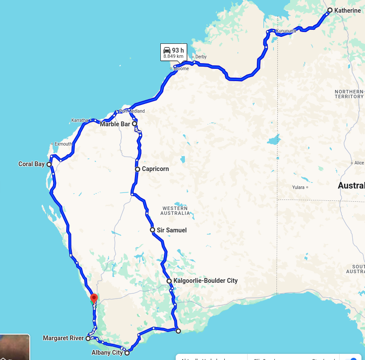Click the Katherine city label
(x=347, y=11)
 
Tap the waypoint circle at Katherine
(x=330, y=10)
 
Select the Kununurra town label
(x=286, y=31)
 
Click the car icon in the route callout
(x=167, y=50)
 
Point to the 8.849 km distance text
(x=174, y=57)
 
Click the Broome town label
(x=181, y=69)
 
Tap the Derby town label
(x=201, y=57)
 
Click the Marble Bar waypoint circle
(x=135, y=124)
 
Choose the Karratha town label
(x=80, y=120)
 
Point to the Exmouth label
(x=63, y=144)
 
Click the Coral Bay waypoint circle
(x=49, y=164)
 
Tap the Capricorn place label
(x=155, y=169)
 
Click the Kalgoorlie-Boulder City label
(x=206, y=281)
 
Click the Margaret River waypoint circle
(x=88, y=339)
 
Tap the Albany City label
(x=107, y=353)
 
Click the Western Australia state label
(x=175, y=210)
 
